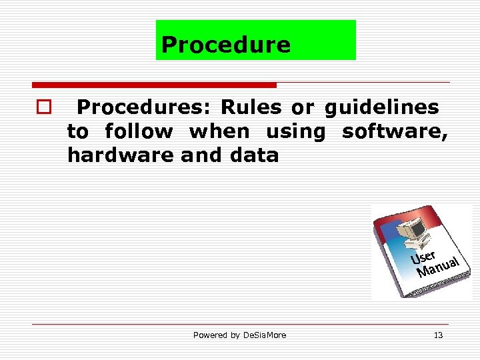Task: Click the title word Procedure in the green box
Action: tap(226, 45)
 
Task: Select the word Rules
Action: tap(251, 107)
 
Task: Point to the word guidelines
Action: tap(382, 107)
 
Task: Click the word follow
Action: tap(139, 132)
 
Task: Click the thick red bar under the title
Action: tap(154, 85)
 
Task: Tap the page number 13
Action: tap(438, 335)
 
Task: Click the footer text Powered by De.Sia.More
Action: tap(239, 335)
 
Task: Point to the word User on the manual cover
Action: tap(423, 256)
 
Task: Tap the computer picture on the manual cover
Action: tap(411, 231)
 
